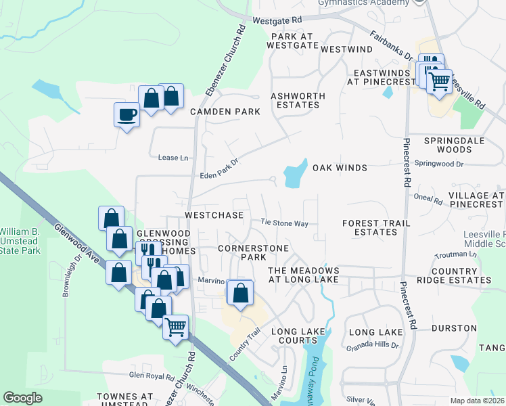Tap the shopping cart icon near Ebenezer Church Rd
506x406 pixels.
tap(176, 327)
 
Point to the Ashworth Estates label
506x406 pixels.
tap(298, 100)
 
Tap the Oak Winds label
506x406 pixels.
tap(340, 168)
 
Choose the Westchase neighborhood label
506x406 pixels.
tap(214, 215)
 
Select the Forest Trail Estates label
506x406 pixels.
tap(369, 227)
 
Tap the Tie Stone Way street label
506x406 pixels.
tap(285, 223)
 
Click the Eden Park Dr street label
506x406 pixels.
tap(220, 169)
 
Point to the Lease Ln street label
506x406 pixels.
tap(172, 158)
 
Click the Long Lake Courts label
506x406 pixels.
tap(298, 336)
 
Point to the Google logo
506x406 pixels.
tap(22, 398)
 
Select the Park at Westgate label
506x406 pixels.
tap(292, 41)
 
